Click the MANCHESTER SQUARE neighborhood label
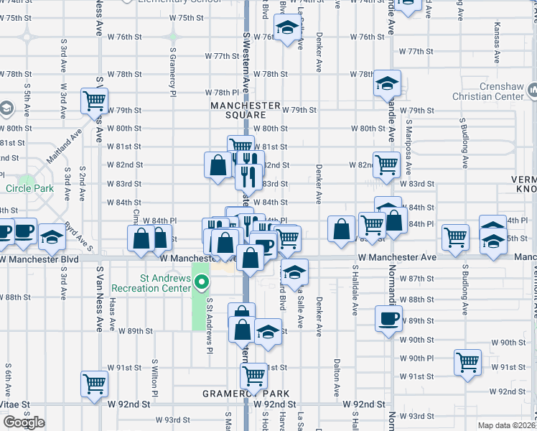(x=245, y=110)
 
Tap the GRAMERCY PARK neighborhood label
(x=246, y=394)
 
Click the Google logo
(x=23, y=422)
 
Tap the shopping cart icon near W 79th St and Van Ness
(x=94, y=101)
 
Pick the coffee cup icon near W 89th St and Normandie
(x=388, y=318)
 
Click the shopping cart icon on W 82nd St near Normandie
(x=386, y=164)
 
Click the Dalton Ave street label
(x=336, y=374)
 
